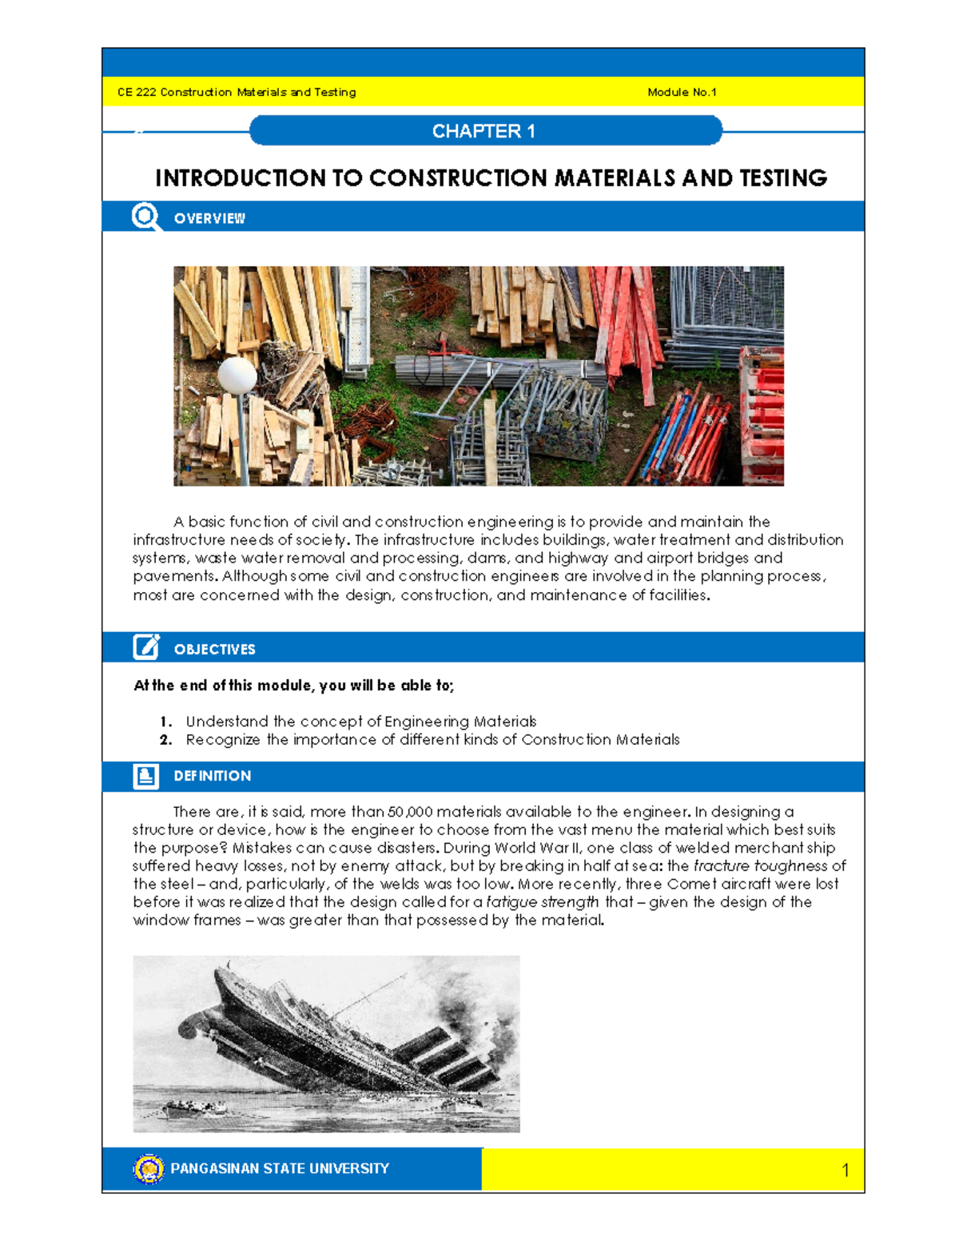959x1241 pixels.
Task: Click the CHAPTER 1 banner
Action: pos(485,131)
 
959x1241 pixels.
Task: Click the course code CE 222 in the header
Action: pos(137,92)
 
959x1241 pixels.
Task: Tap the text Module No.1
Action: pos(681,92)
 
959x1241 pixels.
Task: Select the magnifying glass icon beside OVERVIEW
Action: pos(145,217)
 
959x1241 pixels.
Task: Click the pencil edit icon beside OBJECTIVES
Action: pos(145,647)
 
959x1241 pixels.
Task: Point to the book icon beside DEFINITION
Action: pos(145,776)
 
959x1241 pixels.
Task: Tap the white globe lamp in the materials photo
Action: pos(237,374)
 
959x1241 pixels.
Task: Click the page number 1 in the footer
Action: pos(845,1171)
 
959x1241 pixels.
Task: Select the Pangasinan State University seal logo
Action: pos(149,1168)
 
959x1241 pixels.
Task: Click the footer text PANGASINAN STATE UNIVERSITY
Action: pos(280,1168)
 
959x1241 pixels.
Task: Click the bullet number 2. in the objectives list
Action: pos(165,740)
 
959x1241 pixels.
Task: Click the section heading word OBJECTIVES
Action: pos(214,650)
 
